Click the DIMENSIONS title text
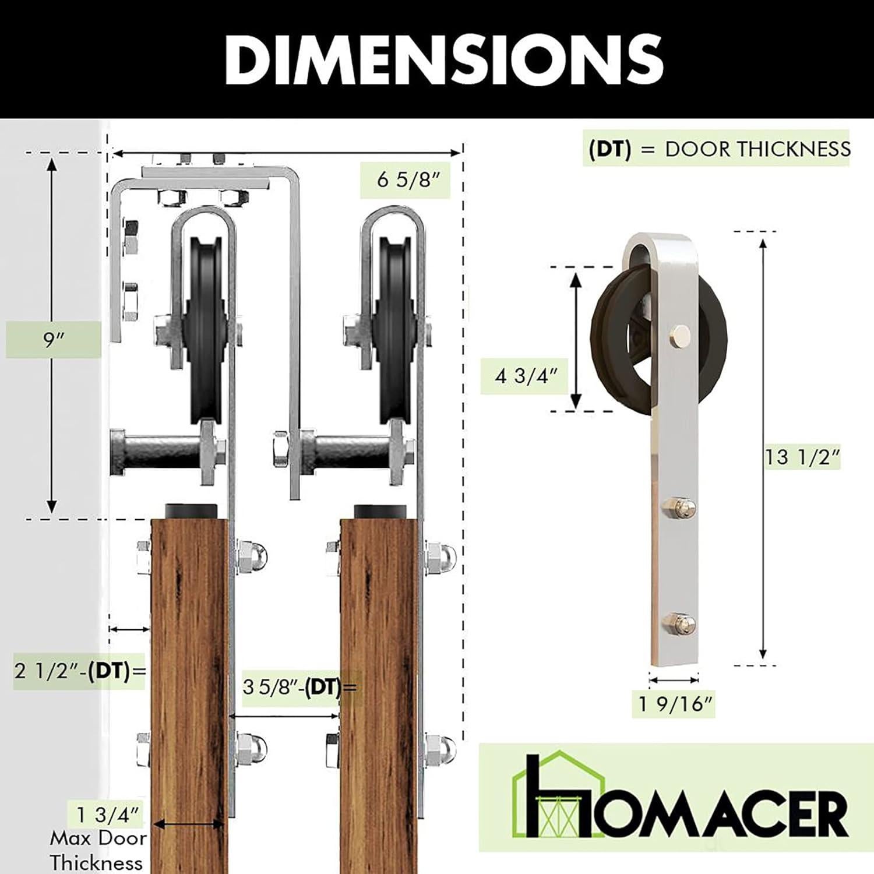(444, 58)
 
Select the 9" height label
(53, 340)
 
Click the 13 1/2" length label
(802, 457)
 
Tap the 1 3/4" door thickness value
(110, 813)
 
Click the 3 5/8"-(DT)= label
(299, 687)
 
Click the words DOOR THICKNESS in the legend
(757, 149)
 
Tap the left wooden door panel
(189, 688)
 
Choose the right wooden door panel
(379, 688)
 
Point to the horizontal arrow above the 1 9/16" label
(674, 679)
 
